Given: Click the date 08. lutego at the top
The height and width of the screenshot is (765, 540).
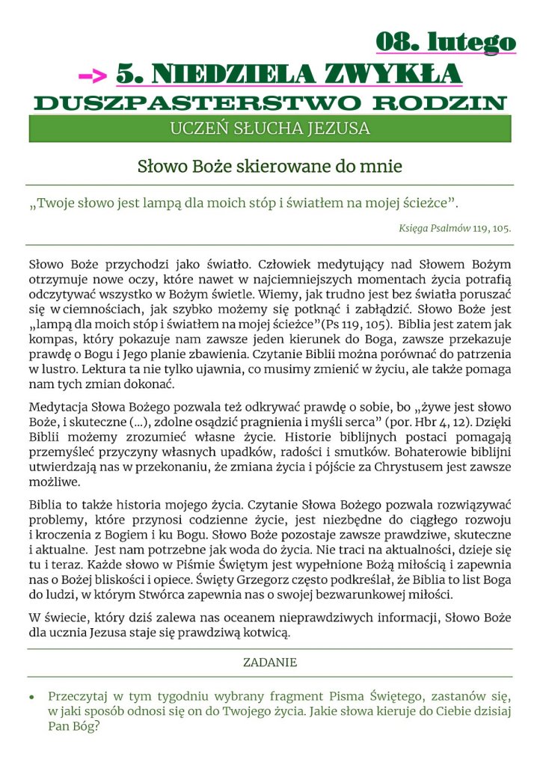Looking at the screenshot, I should point(445,42).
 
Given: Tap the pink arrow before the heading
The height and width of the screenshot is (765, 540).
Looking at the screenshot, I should point(93,75).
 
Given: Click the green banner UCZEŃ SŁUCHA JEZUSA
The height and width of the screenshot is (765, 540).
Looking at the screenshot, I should point(269,129).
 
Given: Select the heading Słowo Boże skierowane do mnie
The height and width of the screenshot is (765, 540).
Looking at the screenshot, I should point(269,166).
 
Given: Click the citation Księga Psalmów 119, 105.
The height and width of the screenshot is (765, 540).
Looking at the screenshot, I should point(455,228).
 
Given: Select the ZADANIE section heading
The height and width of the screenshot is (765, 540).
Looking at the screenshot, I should point(269,663).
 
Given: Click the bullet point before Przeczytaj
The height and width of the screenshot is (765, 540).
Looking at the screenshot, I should point(32,696).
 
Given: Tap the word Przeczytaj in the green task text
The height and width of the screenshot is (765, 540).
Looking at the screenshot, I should point(83,695).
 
